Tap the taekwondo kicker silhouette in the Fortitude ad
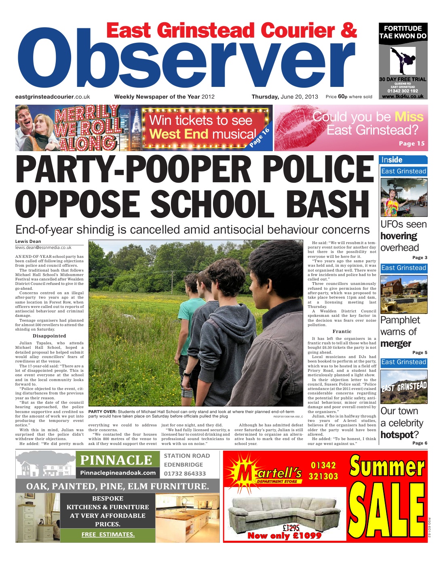(x=401, y=61)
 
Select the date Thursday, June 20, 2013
(x=285, y=97)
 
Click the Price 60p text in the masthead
(x=336, y=97)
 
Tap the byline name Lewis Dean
(x=28, y=241)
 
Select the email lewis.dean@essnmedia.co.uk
(x=43, y=247)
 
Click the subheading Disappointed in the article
(x=49, y=336)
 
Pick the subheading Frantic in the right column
(x=342, y=331)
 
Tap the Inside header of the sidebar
(x=392, y=160)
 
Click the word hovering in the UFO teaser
(x=399, y=236)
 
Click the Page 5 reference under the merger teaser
(x=420, y=352)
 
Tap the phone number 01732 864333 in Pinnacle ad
(x=185, y=473)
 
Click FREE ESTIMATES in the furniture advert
(x=108, y=534)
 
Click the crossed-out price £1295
(x=291, y=527)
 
